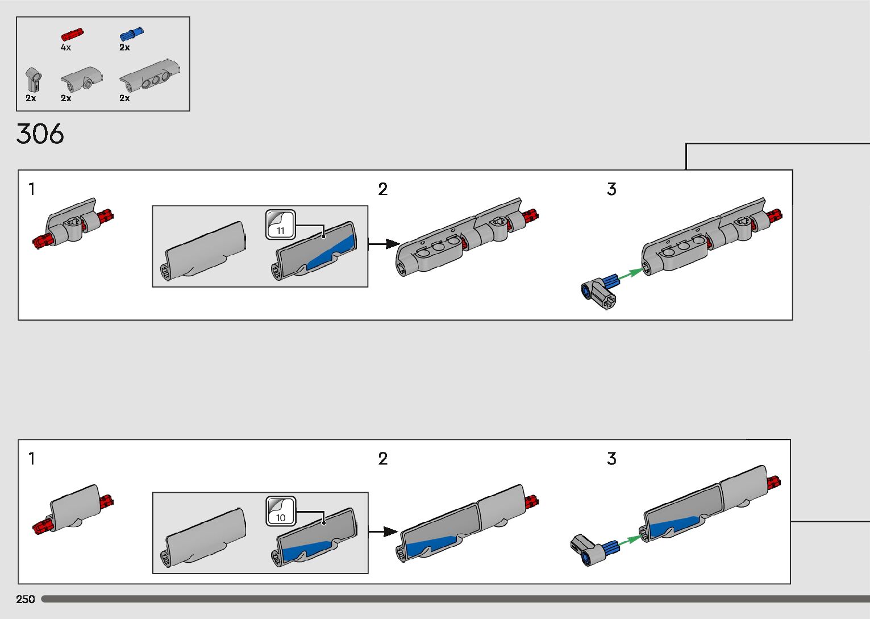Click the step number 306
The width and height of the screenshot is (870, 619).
[x=40, y=134]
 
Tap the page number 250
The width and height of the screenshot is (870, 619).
[x=26, y=599]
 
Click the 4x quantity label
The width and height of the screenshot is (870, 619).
[x=66, y=48]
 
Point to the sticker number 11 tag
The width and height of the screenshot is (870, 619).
[x=281, y=225]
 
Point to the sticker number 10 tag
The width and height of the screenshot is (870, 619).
[x=281, y=512]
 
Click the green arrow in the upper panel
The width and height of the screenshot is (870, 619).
[x=630, y=275]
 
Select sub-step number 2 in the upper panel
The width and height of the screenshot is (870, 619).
[x=383, y=189]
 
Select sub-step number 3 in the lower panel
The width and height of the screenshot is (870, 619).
[x=611, y=459]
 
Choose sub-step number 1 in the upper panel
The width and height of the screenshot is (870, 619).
[x=32, y=189]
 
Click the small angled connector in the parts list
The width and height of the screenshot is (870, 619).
[x=33, y=79]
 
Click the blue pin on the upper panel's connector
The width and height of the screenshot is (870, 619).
[x=610, y=280]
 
